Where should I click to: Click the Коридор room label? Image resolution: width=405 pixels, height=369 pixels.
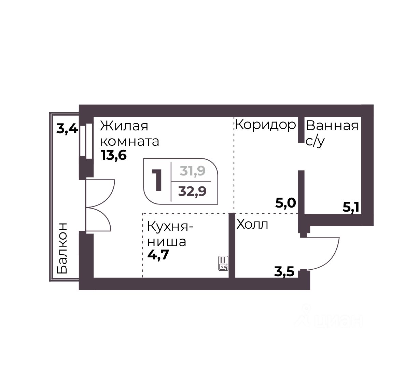click(265, 125)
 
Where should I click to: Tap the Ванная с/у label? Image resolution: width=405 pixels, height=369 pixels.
click(332, 133)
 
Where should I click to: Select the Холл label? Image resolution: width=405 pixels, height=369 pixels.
click(252, 225)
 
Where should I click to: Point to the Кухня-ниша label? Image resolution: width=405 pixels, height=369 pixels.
click(170, 234)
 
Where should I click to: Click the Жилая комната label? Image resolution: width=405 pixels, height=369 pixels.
click(130, 134)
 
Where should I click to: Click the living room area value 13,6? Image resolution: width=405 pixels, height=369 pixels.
click(114, 155)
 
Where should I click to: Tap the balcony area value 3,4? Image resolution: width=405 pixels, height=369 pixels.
click(67, 128)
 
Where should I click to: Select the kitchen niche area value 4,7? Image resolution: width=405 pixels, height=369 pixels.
click(158, 255)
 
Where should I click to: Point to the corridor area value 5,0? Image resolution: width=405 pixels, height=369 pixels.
click(285, 203)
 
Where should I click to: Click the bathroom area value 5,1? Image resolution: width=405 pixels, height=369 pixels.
click(351, 207)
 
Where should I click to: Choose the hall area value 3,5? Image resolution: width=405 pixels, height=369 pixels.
click(284, 272)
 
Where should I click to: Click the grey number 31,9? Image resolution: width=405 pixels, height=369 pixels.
click(193, 171)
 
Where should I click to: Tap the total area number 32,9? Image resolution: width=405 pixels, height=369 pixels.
click(192, 191)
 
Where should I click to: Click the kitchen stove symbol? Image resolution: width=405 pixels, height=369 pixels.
click(223, 263)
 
